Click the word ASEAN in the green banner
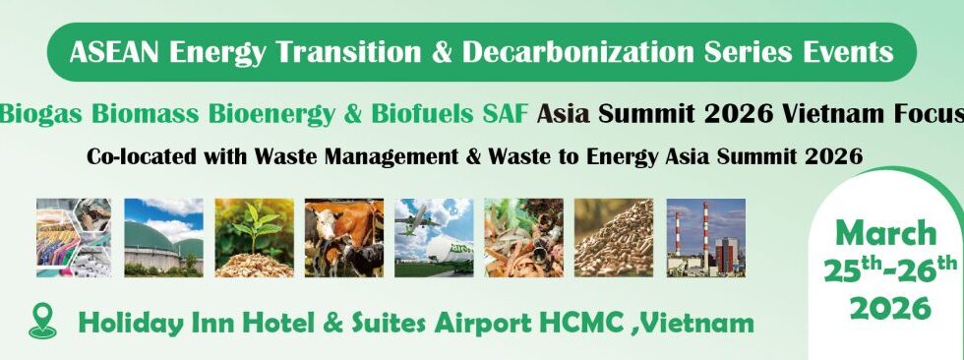click(x=114, y=52)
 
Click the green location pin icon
click(x=42, y=323)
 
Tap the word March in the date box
click(x=886, y=233)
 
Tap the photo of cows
click(x=343, y=238)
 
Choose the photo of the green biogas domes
click(x=163, y=238)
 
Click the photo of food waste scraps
click(x=523, y=238)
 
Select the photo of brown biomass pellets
click(x=614, y=238)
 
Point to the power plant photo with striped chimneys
click(x=706, y=238)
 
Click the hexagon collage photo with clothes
click(x=74, y=238)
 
